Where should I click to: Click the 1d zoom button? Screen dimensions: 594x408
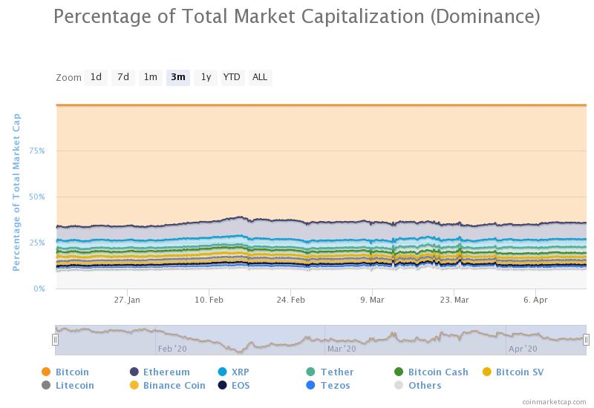pos(96,77)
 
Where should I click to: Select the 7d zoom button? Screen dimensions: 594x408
pos(123,77)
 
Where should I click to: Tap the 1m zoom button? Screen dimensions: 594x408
pos(151,77)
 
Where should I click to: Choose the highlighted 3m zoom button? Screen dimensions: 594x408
pos(178,77)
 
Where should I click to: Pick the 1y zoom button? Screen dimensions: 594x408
pos(206,77)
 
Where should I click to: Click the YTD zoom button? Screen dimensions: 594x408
pos(232,77)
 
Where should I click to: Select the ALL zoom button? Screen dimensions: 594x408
pos(260,77)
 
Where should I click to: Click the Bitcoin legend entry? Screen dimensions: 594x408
pos(65,372)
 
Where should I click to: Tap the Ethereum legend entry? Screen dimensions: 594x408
pos(160,372)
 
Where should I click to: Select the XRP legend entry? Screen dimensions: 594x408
pos(234,372)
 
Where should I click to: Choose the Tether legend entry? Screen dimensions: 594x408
pos(330,372)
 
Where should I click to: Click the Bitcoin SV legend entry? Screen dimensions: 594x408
pos(513,372)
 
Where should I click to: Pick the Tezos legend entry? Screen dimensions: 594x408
pos(327,385)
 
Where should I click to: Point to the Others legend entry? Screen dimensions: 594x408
pos(417,385)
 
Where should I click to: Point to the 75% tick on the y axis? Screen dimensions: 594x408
pos(37,151)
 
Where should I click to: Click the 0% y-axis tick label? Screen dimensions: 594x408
pos(39,289)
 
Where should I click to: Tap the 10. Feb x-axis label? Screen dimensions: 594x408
pos(209,300)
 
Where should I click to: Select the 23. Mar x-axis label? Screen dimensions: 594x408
pos(454,300)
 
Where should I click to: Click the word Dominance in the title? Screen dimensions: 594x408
pos(485,16)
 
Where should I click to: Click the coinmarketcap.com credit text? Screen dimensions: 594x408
pos(554,401)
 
